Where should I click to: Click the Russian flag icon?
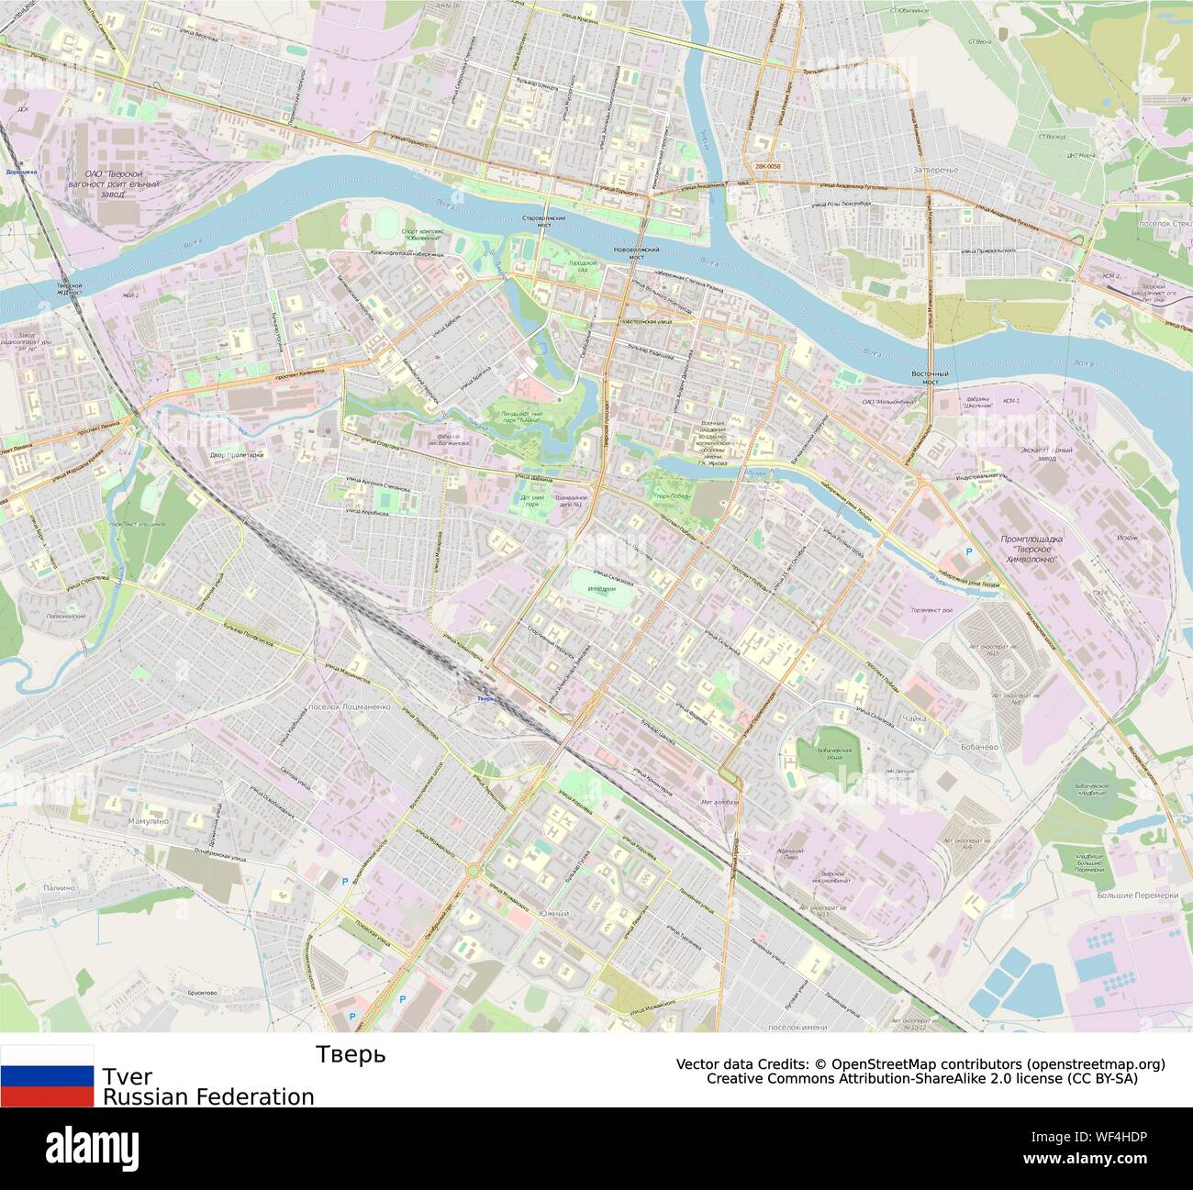point(47,1076)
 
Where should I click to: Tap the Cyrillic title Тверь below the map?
point(351,1055)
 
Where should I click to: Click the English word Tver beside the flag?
point(128,1075)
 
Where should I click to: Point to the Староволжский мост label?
point(542,221)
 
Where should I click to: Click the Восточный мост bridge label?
point(928,378)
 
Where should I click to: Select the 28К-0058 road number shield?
point(767,166)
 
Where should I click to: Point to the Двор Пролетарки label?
point(235,455)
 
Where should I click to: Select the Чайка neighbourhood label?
point(913,719)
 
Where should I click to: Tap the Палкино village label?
point(57,888)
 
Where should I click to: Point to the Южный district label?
point(551,913)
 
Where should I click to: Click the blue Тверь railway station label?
point(485,699)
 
